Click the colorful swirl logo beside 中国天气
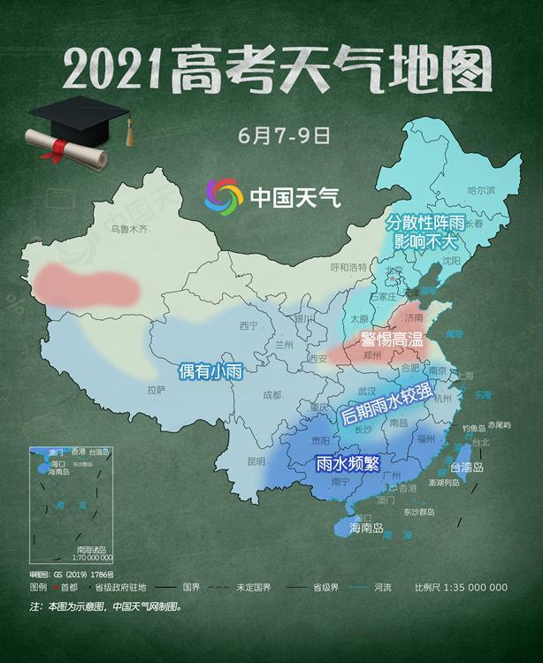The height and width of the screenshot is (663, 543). [222, 195]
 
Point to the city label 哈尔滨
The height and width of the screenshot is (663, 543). [481, 191]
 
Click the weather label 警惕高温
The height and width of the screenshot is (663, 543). [392, 338]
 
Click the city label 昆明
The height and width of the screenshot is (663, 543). [256, 461]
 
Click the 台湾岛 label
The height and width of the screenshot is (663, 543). [467, 468]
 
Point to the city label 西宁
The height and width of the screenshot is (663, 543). [248, 326]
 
